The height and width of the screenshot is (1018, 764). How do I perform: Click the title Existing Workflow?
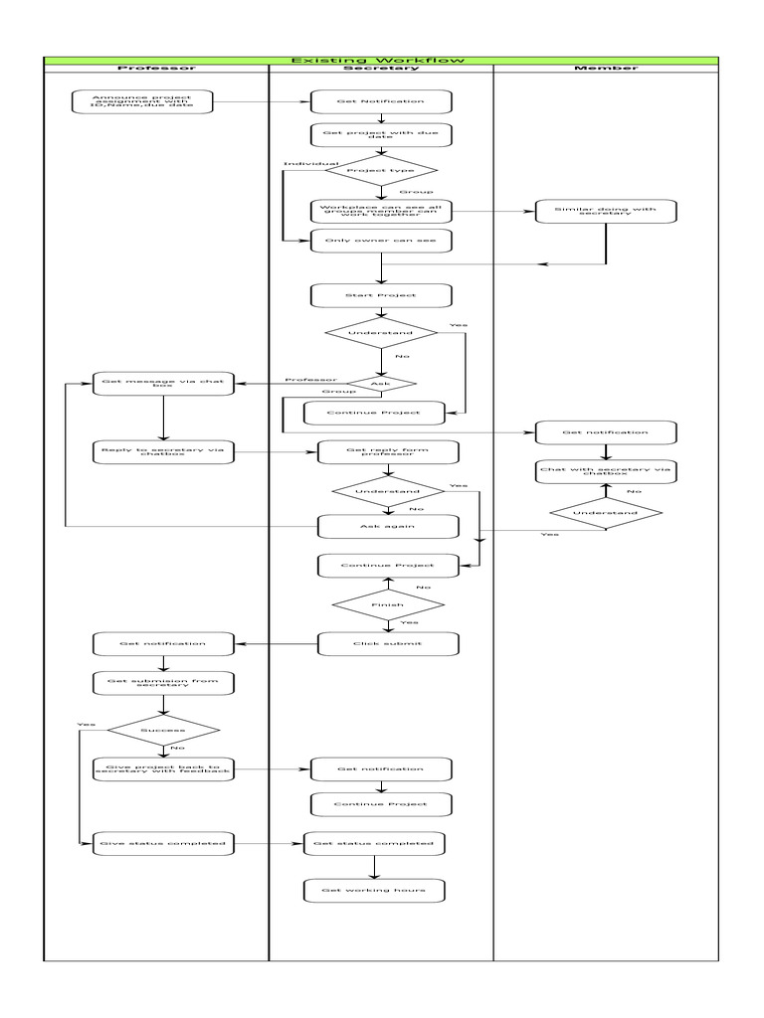coord(381,61)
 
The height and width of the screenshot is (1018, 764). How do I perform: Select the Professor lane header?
coord(156,68)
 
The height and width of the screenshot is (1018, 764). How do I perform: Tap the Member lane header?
coord(606,68)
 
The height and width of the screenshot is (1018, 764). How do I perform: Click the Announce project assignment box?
coord(144,101)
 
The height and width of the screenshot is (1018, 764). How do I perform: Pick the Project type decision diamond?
coord(381,170)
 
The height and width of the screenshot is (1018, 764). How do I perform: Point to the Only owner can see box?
coord(381,240)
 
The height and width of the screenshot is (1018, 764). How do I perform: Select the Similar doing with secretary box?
coord(606,211)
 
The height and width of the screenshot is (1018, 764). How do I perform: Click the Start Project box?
coord(381,295)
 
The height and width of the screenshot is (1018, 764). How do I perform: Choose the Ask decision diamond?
coord(380,384)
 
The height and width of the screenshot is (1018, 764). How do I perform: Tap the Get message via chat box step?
coord(162,384)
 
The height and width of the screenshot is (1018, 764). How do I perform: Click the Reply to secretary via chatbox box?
coord(162,452)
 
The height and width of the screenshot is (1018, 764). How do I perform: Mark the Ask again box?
coord(388,526)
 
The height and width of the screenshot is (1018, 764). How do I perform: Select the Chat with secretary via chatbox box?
coord(606,470)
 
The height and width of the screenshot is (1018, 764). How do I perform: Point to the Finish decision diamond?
coord(388,603)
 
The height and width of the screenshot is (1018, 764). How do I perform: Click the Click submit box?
coord(388,643)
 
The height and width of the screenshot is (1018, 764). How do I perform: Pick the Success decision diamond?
coord(162,731)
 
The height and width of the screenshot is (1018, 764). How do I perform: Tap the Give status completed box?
coord(162,844)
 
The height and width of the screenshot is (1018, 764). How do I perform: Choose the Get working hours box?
coord(374,890)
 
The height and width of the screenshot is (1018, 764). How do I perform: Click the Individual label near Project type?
coord(310,163)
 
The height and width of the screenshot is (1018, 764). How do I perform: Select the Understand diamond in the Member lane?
coord(606,513)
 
